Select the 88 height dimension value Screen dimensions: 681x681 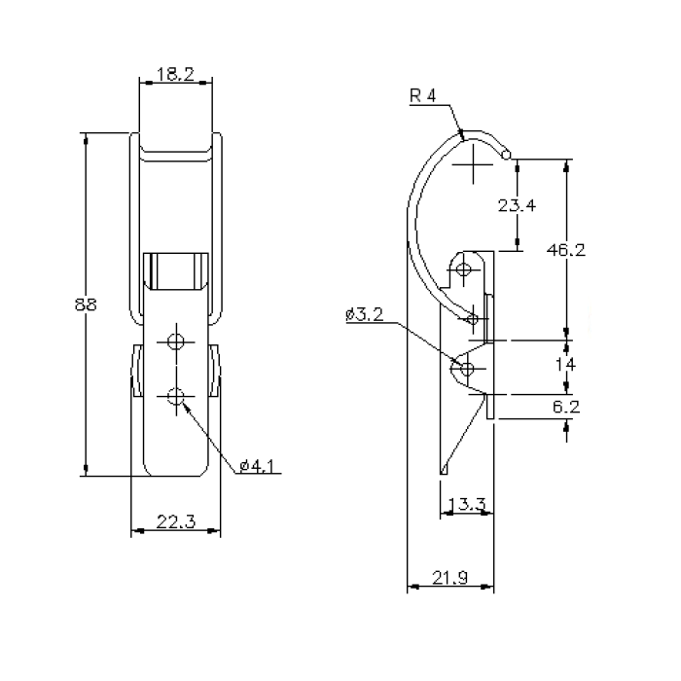coord(86,305)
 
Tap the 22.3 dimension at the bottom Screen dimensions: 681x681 coord(176,522)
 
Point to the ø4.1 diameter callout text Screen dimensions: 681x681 coord(257,466)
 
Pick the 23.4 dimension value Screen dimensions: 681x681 coord(517,205)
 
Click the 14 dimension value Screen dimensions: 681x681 coord(566,365)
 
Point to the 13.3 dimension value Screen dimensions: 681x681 coord(470,504)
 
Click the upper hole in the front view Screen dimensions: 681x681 coord(175,340)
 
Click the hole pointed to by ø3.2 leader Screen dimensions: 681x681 coord(467,369)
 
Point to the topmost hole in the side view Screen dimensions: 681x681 coord(465,269)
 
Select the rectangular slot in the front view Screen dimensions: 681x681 coord(175,271)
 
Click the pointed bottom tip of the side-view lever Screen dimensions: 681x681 coord(443,474)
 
